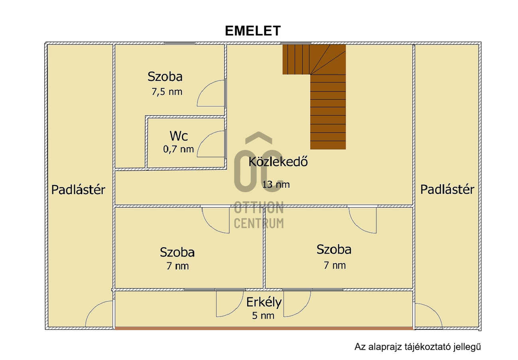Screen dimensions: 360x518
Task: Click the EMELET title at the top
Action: pos(253,31)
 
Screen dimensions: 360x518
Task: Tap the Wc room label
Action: pos(179,136)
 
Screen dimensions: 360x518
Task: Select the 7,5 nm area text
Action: pos(167,92)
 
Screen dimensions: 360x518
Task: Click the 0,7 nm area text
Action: pos(178,150)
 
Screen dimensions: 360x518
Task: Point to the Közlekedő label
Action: pos(278,162)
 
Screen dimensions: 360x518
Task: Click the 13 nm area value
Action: pos(276,185)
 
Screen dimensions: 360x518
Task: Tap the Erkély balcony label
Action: pos(264,303)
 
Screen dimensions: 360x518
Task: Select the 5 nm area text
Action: pos(263,316)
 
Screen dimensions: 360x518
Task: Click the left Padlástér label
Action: pos(78,190)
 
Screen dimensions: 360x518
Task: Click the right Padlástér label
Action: pos(447,189)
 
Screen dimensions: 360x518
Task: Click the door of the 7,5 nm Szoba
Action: pos(211,93)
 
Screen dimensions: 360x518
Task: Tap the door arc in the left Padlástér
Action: pos(100,314)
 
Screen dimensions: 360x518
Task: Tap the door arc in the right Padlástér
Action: pos(428,316)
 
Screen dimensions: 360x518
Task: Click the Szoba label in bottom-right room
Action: pos(334,250)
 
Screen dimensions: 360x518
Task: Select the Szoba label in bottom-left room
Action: pos(177,252)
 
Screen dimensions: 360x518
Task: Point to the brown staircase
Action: pos(327,108)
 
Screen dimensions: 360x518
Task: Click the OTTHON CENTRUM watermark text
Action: pos(258,215)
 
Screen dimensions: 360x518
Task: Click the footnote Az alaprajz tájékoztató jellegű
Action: pos(418,347)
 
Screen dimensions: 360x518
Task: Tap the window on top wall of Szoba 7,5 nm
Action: pos(180,43)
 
